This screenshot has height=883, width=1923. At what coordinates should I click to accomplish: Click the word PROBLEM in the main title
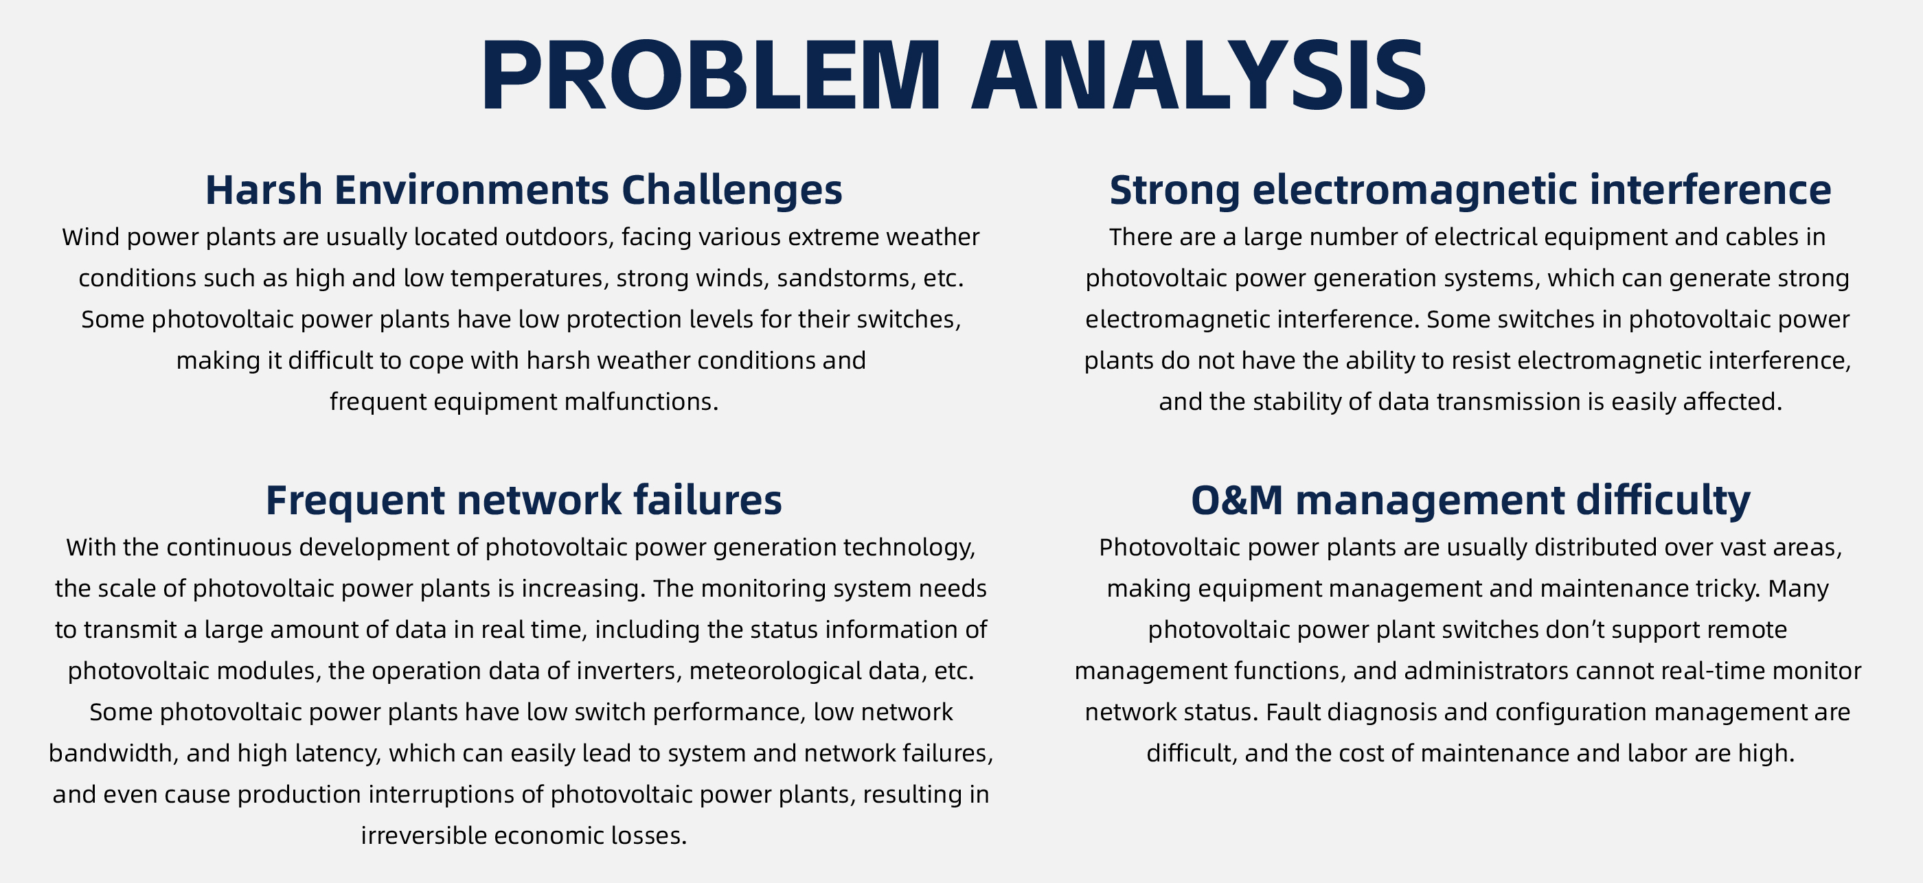tap(712, 75)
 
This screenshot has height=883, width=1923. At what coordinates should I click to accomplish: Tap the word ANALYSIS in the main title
tap(1200, 75)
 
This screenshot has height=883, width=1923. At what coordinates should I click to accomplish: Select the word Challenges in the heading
tap(731, 190)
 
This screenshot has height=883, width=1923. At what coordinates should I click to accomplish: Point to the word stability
tap(1299, 402)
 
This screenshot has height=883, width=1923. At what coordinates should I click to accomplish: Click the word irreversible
tap(423, 835)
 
